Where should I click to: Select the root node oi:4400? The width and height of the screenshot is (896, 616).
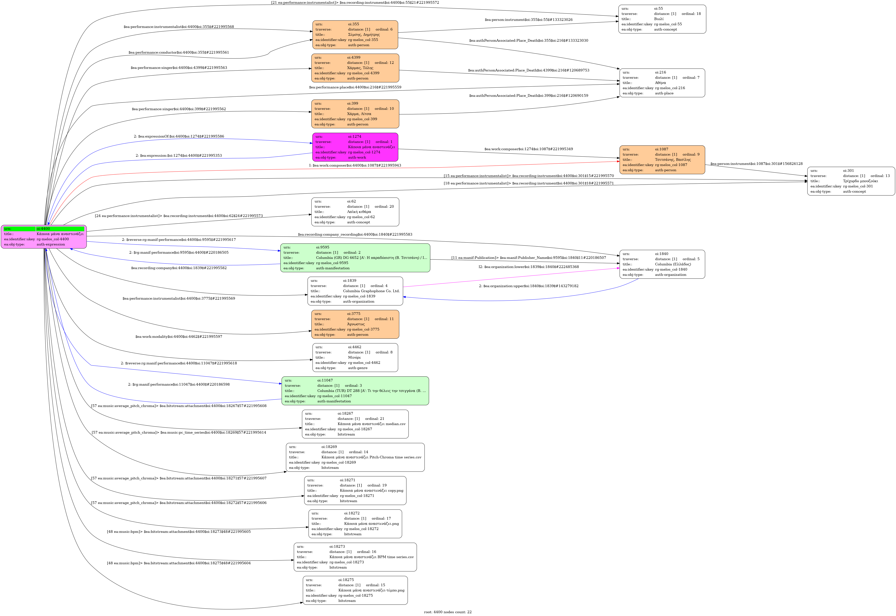pos(44,237)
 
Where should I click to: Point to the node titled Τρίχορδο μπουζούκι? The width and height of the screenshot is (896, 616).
pos(851,181)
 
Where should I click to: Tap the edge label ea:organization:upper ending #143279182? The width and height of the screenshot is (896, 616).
pos(529,286)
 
